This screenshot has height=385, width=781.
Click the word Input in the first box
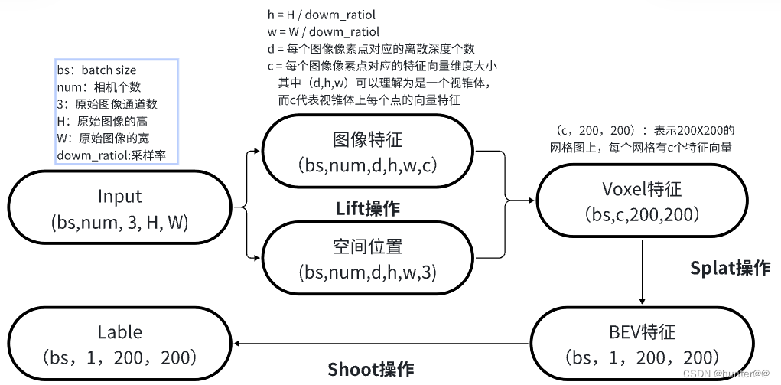coord(120,196)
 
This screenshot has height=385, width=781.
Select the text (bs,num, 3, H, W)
coord(120,223)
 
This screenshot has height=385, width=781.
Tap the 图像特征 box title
coord(367,139)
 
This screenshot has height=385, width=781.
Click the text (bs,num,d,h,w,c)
coord(367,166)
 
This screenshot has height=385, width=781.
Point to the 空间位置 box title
coord(367,246)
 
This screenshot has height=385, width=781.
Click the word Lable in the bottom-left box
coord(120,331)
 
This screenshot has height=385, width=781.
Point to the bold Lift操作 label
coord(368,207)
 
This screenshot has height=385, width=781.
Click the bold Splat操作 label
coord(730,268)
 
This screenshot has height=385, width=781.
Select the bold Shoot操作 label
coord(371,370)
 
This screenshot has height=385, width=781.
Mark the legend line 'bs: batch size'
coord(96,70)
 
